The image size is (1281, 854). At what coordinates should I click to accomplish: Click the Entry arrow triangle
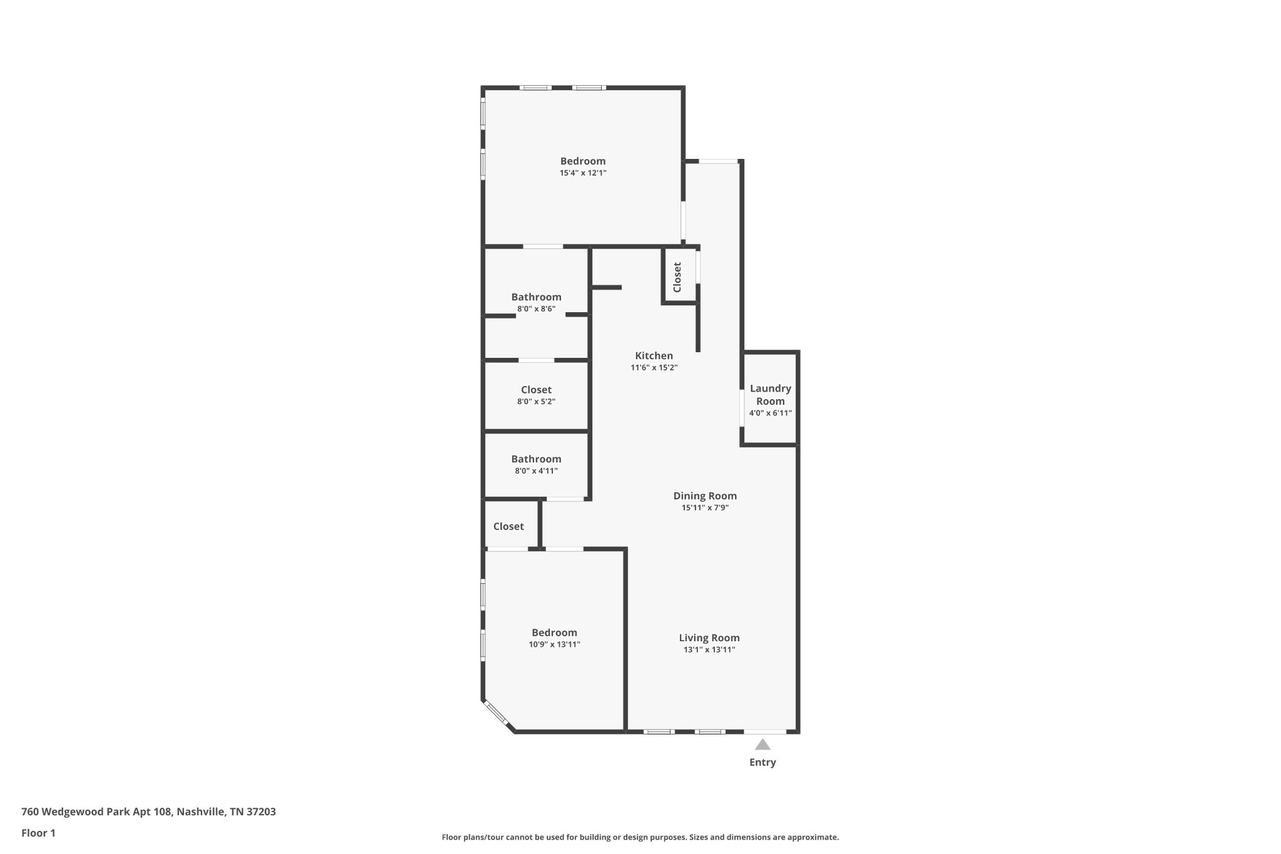point(762,745)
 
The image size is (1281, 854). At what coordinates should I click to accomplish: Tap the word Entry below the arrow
point(762,762)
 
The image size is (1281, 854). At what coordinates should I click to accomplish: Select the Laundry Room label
point(771,395)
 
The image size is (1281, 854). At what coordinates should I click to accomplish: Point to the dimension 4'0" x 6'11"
point(771,413)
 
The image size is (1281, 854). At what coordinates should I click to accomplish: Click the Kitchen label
point(654,355)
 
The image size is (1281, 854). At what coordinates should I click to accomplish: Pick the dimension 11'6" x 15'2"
point(654,368)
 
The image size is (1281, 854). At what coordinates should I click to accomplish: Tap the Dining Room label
point(705,496)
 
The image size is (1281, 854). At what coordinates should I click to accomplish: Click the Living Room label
point(709,638)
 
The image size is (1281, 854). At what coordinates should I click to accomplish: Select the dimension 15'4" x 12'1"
point(583,173)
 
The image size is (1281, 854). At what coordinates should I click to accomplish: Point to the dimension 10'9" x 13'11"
point(554,644)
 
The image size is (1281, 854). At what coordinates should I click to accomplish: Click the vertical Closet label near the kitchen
point(677,277)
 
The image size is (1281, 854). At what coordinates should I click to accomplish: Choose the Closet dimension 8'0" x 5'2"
point(536,402)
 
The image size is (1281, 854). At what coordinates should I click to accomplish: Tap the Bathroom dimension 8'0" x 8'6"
point(536,309)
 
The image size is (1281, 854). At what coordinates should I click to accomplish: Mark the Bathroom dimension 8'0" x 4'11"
point(536,471)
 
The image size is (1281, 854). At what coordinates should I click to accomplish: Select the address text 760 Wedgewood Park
point(76,812)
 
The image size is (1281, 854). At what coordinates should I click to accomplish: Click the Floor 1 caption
point(38,833)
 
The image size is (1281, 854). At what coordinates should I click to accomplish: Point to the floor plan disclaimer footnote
point(640,837)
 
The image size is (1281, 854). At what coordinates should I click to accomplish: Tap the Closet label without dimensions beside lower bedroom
point(509,526)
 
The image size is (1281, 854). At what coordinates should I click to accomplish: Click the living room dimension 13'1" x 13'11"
point(709,650)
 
